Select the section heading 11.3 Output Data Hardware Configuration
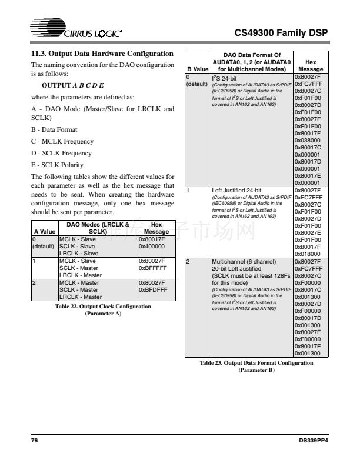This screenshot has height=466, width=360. (x=102, y=54)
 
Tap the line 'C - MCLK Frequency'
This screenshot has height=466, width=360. (x=62, y=141)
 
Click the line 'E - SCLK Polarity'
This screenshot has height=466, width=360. (x=57, y=165)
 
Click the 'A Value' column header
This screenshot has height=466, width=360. (x=44, y=232)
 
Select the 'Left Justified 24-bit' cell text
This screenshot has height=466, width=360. (x=236, y=190)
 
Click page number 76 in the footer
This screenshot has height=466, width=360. (x=34, y=441)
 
